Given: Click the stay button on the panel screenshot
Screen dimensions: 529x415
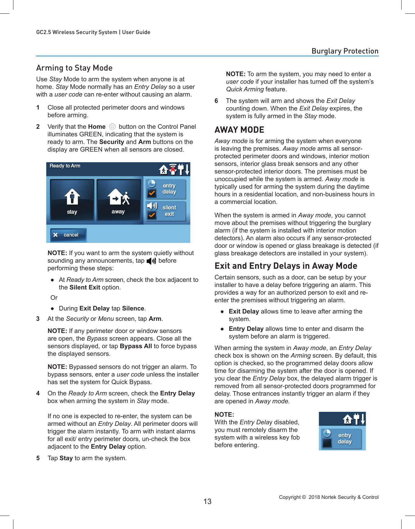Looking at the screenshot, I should [72, 200].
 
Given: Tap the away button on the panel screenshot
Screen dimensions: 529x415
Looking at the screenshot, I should [118, 200].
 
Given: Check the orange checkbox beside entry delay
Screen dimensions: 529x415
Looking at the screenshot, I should [152, 193].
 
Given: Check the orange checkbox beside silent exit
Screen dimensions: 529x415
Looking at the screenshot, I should [152, 215].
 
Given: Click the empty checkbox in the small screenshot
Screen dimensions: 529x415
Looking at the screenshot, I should [327, 443].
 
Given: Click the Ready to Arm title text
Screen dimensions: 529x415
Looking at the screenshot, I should [65, 166].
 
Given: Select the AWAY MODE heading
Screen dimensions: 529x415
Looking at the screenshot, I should [239, 130].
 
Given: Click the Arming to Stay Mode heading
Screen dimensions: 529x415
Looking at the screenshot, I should [74, 68].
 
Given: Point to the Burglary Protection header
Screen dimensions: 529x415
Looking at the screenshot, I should [345, 51].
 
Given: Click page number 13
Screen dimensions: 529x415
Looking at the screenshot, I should [207, 501].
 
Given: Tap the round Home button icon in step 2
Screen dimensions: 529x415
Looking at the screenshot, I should [112, 127].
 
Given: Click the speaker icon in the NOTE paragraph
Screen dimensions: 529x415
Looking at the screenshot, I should [151, 261].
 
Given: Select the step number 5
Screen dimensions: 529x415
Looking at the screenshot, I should [38, 458].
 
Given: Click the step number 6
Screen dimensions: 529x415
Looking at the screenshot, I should [216, 101].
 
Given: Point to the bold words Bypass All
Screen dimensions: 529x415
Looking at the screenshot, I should [136, 346].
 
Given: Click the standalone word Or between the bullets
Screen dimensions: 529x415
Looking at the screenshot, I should [54, 298].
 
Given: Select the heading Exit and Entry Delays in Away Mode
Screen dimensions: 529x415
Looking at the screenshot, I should [286, 266].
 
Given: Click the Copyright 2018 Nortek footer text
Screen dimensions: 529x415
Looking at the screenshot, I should [329, 497].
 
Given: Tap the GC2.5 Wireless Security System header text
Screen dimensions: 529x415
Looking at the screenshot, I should [93, 32].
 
